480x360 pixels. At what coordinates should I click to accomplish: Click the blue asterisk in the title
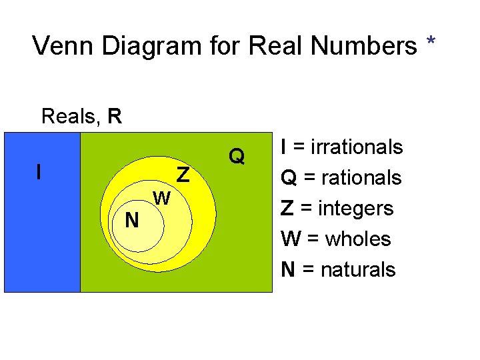click(x=431, y=43)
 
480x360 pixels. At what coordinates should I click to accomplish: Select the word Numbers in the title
click(x=365, y=46)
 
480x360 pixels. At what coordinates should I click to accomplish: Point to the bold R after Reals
click(x=115, y=117)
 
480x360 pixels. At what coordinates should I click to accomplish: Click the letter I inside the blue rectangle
click(x=39, y=173)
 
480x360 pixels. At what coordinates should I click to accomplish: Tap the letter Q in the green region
click(x=237, y=157)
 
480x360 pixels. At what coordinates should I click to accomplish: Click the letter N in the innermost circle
click(x=132, y=220)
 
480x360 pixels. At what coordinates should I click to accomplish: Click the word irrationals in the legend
click(x=359, y=147)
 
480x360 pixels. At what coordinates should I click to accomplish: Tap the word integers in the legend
click(x=355, y=208)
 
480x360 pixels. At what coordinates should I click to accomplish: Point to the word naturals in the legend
click(x=358, y=269)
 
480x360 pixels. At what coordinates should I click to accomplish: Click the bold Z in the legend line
click(x=287, y=208)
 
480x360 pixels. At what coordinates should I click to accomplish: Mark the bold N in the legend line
click(x=289, y=269)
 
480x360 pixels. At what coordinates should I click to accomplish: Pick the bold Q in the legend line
click(x=289, y=177)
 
